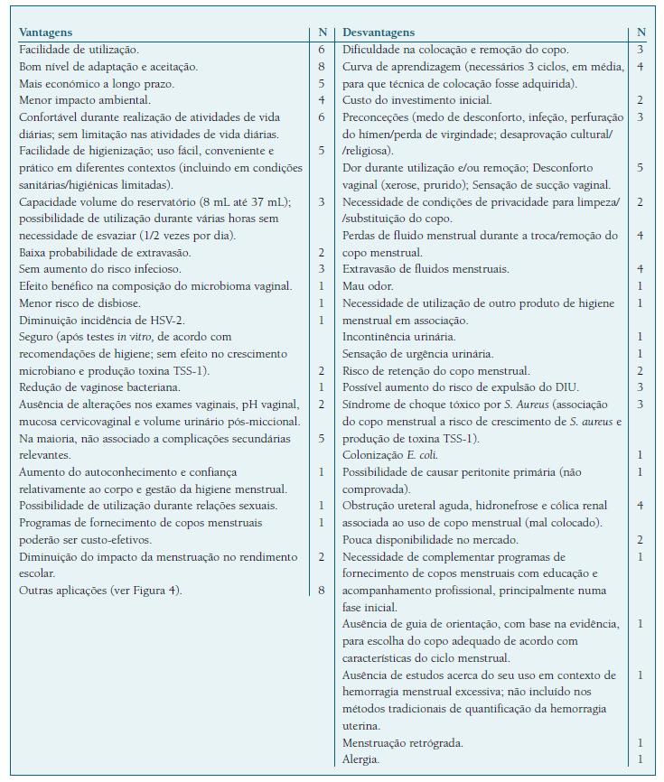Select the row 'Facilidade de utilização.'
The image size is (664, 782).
(79, 50)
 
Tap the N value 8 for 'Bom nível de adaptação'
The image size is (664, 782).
(321, 67)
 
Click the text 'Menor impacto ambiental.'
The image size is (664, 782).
(85, 100)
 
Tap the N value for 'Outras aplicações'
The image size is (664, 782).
(321, 591)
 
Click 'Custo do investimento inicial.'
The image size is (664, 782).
(416, 100)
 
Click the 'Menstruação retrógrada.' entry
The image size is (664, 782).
(403, 742)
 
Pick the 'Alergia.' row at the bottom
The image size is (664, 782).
(361, 759)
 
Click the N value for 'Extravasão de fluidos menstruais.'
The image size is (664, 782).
(640, 269)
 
